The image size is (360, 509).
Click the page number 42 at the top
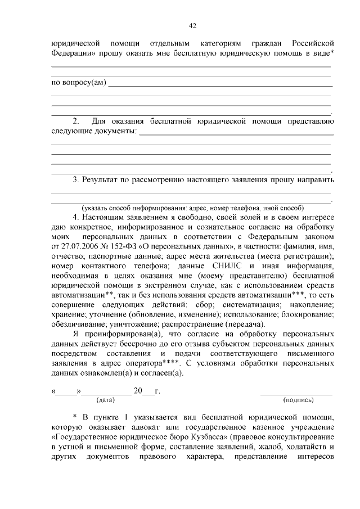[192, 25]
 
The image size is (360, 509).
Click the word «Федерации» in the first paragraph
[73, 53]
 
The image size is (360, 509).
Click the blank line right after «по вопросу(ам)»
[219, 85]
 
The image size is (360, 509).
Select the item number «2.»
[77, 120]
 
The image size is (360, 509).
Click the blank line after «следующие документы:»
[236, 134]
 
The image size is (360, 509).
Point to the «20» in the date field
[138, 390]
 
